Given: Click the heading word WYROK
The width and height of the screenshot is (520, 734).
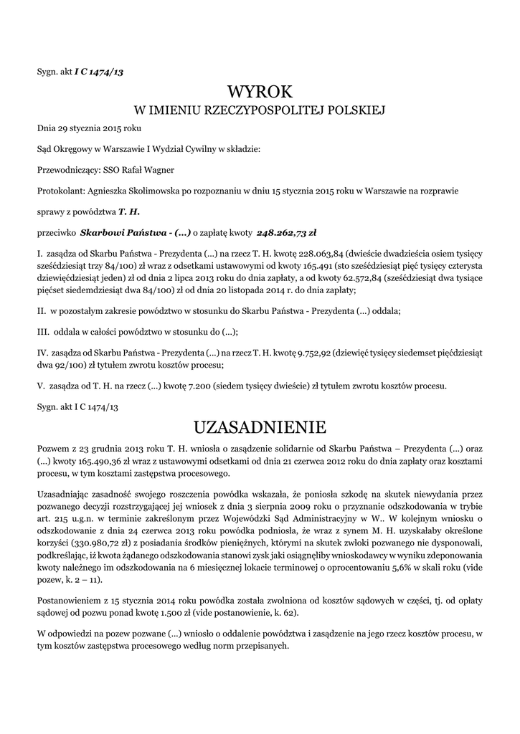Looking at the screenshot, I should (260, 92).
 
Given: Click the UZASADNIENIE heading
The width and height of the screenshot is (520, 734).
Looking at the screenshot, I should (260, 427).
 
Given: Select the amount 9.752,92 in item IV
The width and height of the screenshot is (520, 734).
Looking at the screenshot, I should (316, 353).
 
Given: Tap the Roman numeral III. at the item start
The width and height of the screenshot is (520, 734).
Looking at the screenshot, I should (42, 332).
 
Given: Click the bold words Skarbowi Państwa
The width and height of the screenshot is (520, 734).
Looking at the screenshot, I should (115, 233).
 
